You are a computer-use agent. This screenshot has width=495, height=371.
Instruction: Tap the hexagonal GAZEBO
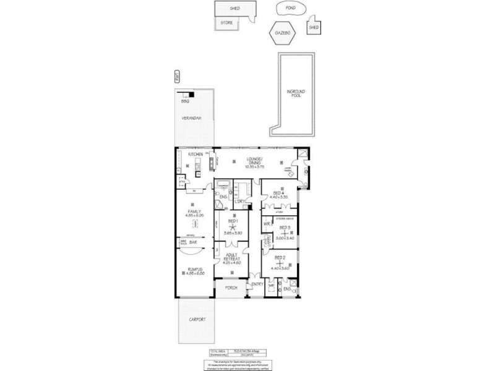tap(283, 33)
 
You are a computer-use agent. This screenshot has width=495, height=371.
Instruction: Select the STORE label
tap(226, 23)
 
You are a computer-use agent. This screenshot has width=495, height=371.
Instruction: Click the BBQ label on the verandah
tap(184, 101)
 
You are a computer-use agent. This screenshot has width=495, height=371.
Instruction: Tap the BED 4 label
tap(278, 192)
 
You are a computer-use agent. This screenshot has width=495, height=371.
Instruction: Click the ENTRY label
tap(256, 284)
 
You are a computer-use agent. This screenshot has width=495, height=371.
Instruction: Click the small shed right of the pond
tap(314, 27)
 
